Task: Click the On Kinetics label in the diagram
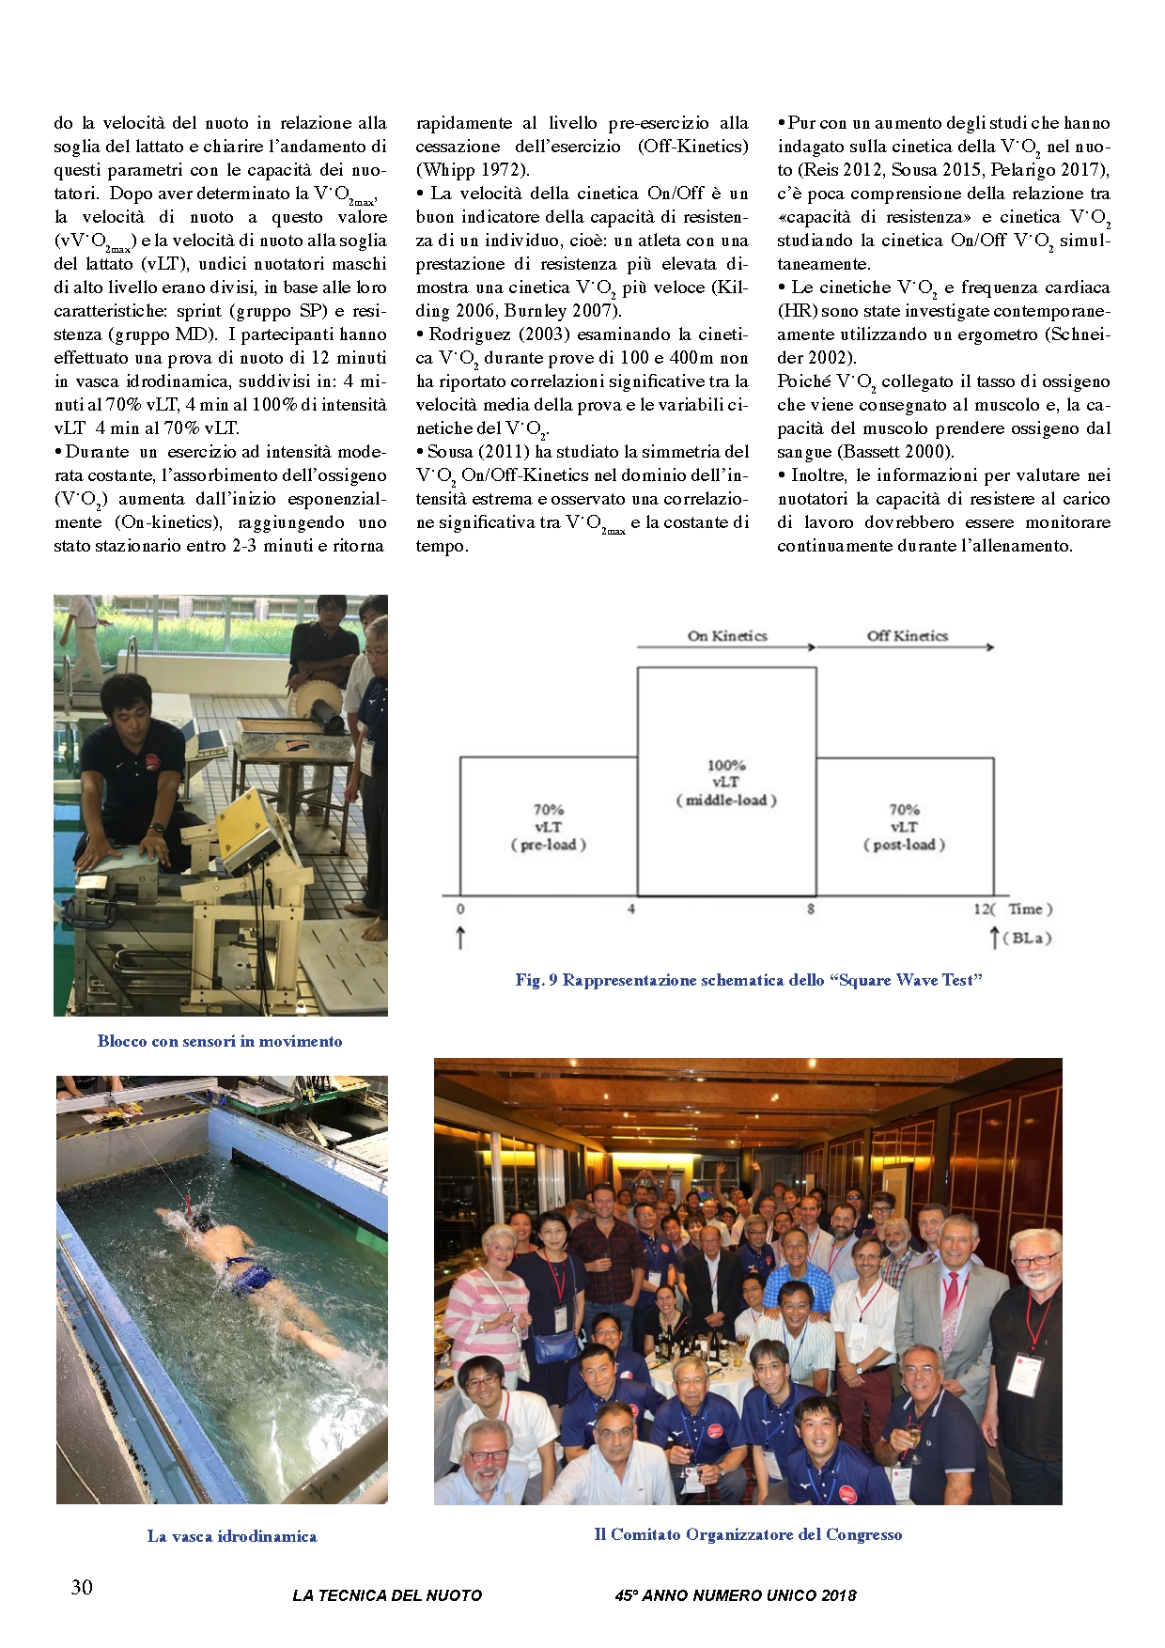[x=727, y=636]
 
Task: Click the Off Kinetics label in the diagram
[x=907, y=636]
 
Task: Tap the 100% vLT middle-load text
[x=726, y=783]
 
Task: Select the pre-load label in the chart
[x=549, y=845]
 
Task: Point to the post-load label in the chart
[x=904, y=845]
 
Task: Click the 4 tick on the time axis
[x=631, y=910]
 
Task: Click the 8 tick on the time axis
[x=810, y=910]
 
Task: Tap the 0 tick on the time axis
[x=460, y=910]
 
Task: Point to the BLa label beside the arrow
[x=1027, y=938]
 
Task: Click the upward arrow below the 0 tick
[x=460, y=938]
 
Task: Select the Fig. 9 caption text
[x=748, y=980]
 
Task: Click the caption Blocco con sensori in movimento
[x=220, y=1041]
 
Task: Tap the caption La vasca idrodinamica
[x=232, y=1536]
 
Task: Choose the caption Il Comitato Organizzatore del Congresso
[x=748, y=1534]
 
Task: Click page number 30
[x=82, y=1587]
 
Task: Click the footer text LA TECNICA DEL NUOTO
[x=387, y=1595]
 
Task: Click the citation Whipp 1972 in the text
[x=473, y=170]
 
